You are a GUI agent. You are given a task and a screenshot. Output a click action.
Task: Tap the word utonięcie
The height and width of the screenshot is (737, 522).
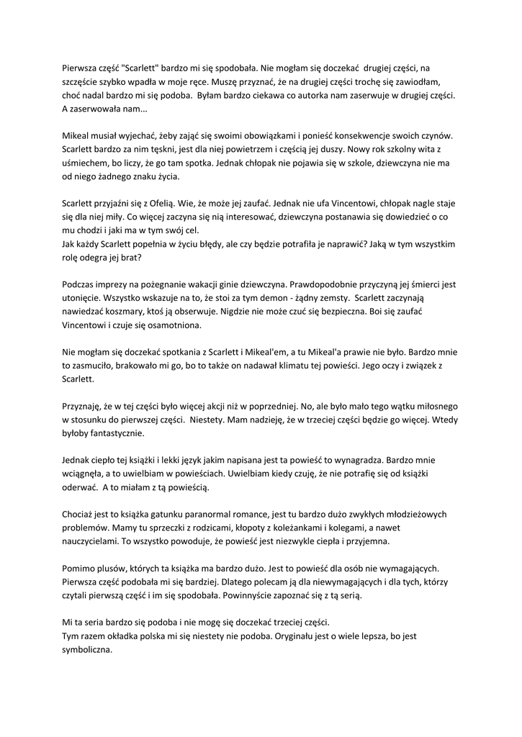click(83, 298)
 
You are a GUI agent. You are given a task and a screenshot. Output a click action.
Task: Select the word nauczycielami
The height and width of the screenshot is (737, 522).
click(92, 541)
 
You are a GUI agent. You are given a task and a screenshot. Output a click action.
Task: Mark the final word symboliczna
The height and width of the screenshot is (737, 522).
click(89, 648)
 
